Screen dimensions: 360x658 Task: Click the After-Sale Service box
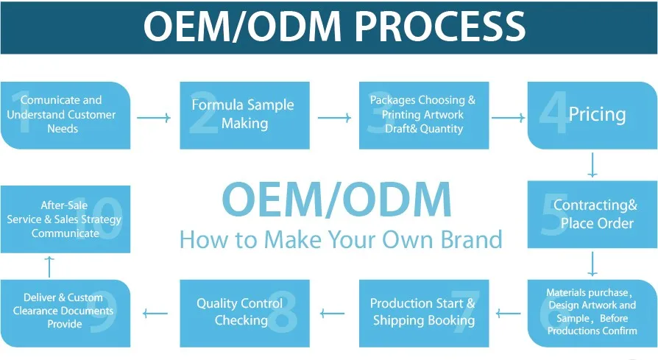(x=65, y=219)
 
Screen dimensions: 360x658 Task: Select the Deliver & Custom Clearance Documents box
(x=65, y=312)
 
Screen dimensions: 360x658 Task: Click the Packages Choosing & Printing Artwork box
(x=423, y=114)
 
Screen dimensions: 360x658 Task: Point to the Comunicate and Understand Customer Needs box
(x=65, y=114)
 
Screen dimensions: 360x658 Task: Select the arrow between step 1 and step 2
(x=154, y=117)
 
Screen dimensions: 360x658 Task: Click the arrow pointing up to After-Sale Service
(x=49, y=266)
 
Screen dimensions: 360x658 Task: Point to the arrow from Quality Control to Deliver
(x=155, y=314)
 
